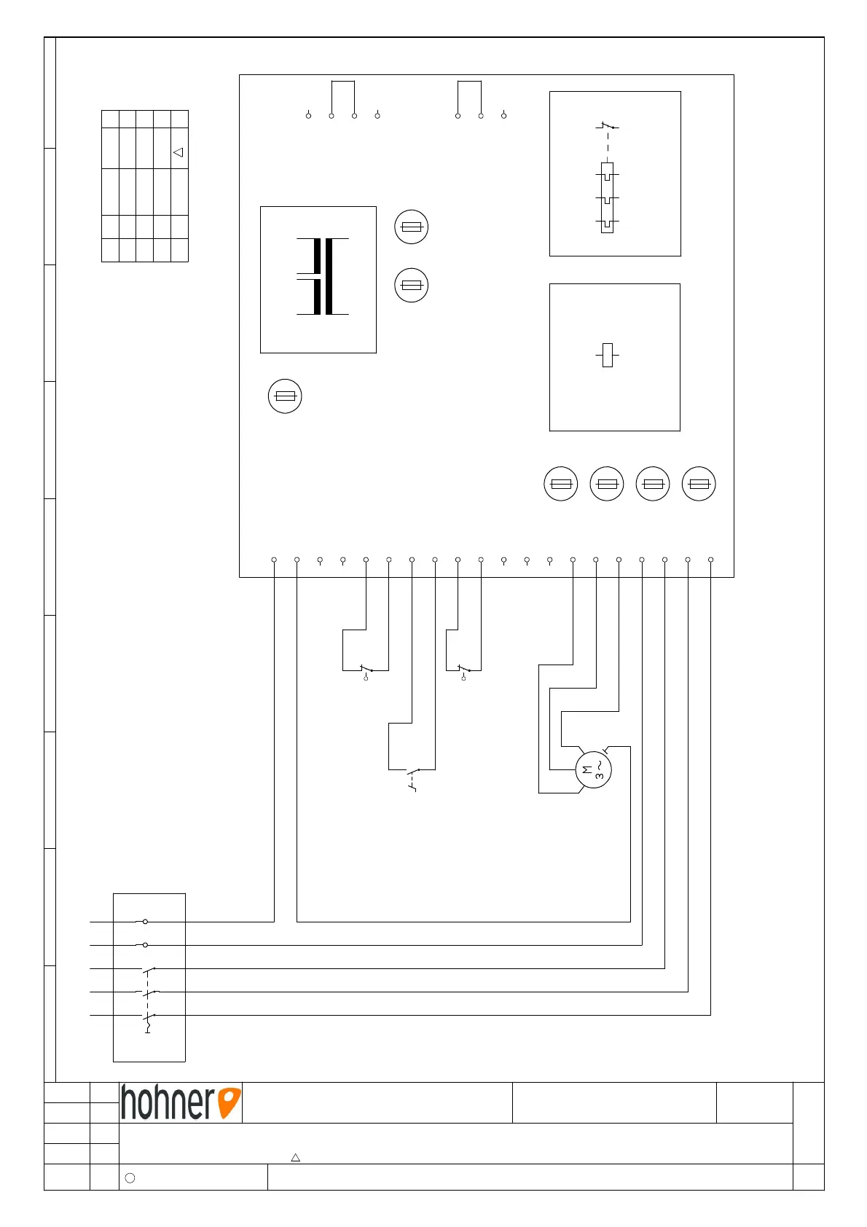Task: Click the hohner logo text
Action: pyautogui.click(x=168, y=1102)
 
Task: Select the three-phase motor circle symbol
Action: pyautogui.click(x=593, y=769)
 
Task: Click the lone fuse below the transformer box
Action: pyautogui.click(x=285, y=396)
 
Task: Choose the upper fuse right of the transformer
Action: pyautogui.click(x=411, y=227)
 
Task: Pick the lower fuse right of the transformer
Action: pyautogui.click(x=411, y=285)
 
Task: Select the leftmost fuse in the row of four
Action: pyautogui.click(x=561, y=484)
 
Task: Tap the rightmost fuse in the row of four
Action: pyautogui.click(x=699, y=484)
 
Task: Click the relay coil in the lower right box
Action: pyautogui.click(x=608, y=355)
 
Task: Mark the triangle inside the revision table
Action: pyautogui.click(x=178, y=152)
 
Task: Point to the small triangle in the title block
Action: pyautogui.click(x=296, y=1157)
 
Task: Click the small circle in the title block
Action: pyautogui.click(x=130, y=1177)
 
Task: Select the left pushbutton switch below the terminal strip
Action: pyautogui.click(x=366, y=670)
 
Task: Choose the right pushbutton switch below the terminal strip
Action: pyautogui.click(x=463, y=670)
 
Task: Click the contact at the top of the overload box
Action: pyautogui.click(x=607, y=127)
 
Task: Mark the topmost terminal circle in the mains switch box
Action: pyautogui.click(x=145, y=922)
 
